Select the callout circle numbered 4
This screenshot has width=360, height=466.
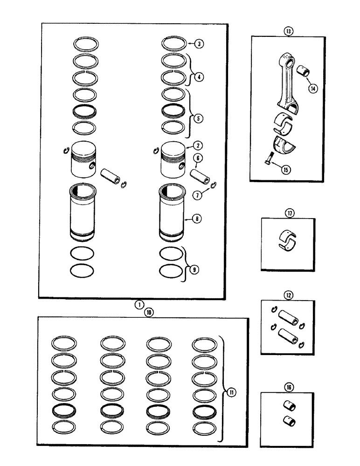199,77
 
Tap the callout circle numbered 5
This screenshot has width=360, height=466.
199,119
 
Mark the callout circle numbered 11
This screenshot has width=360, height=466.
232,392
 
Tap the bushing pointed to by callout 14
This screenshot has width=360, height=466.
304,72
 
